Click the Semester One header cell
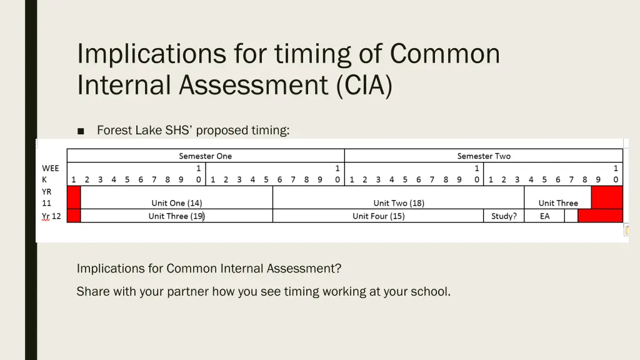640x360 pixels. click(x=205, y=156)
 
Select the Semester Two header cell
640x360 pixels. click(x=483, y=156)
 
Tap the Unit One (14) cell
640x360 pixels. click(x=176, y=203)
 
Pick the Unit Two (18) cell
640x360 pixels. click(x=398, y=203)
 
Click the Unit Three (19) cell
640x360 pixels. click(x=176, y=216)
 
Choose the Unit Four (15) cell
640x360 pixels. click(x=378, y=216)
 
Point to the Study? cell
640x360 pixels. click(x=504, y=216)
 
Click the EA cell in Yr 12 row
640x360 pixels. click(x=544, y=216)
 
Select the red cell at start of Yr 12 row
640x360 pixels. click(x=74, y=216)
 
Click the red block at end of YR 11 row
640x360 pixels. click(x=607, y=197)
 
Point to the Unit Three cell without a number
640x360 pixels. click(x=558, y=203)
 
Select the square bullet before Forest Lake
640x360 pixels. click(x=81, y=131)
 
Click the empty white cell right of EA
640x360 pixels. click(x=571, y=216)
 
